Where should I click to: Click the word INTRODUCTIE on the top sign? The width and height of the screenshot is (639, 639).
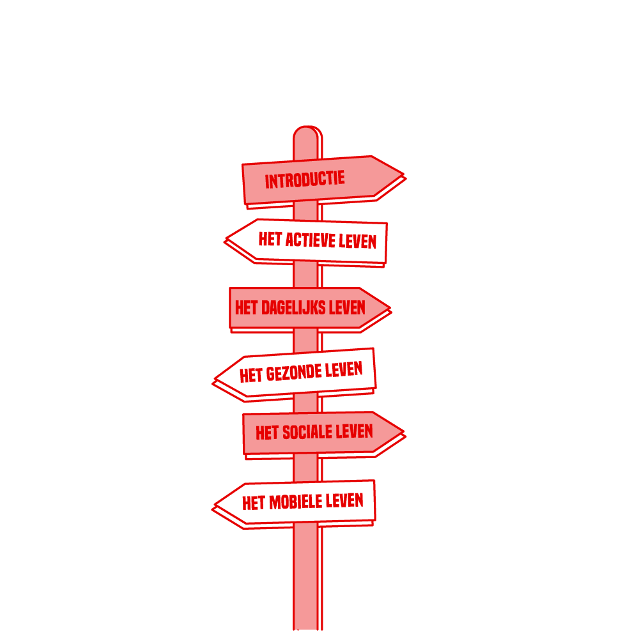(305, 180)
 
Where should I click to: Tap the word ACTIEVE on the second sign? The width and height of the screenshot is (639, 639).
(310, 240)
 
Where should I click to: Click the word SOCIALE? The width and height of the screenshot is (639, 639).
(307, 432)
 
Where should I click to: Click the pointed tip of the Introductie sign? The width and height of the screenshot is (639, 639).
(403, 174)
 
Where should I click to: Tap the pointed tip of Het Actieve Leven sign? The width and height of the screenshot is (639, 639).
(226, 238)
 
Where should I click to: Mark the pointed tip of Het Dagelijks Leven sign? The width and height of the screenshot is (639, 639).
(390, 308)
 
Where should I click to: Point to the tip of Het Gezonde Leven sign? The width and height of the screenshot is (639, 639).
(215, 379)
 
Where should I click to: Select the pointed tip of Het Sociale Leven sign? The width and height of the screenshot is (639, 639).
(403, 431)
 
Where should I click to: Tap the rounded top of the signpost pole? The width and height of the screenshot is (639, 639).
(308, 127)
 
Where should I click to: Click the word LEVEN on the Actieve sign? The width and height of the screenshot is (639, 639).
(357, 242)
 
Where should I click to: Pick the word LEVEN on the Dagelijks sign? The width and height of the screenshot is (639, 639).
(347, 308)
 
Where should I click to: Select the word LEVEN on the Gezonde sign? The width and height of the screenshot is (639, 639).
(344, 369)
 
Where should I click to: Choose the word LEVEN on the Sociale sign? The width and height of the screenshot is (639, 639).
(354, 431)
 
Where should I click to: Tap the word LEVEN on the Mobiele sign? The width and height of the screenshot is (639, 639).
(344, 500)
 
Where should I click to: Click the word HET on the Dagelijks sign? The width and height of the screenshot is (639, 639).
(247, 308)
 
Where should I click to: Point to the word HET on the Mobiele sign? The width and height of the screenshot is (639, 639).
(254, 504)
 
